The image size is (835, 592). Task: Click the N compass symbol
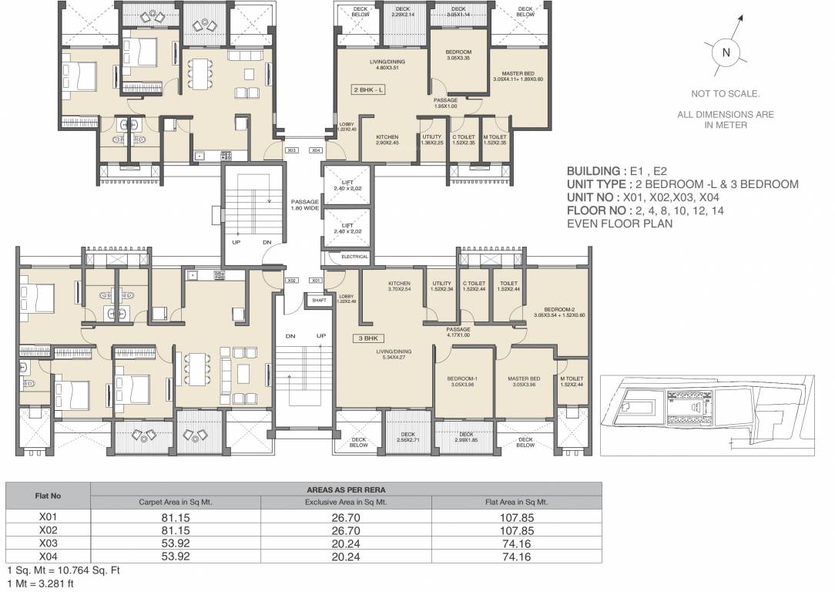tap(725, 52)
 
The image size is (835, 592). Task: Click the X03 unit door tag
tap(292, 151)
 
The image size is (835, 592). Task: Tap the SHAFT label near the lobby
tap(318, 301)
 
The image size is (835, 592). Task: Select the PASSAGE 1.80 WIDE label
tap(305, 205)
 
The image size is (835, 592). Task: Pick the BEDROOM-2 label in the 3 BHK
tap(559, 311)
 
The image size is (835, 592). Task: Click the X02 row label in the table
tap(49, 531)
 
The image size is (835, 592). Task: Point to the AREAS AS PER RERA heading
tap(346, 489)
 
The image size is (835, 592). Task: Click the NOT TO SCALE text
tap(725, 94)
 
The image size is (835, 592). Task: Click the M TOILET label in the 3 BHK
tap(571, 382)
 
